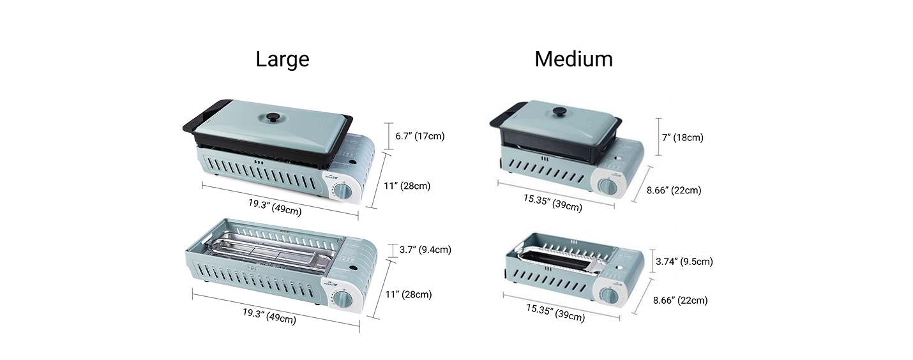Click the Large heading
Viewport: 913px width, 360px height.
(282, 59)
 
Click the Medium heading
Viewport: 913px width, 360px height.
(573, 59)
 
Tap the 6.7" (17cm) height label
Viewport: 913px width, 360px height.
(420, 136)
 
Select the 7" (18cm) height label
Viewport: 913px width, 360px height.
(683, 137)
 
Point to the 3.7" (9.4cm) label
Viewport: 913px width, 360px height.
(425, 250)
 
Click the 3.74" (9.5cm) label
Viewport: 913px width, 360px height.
(684, 261)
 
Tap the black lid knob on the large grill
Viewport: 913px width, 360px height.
(271, 118)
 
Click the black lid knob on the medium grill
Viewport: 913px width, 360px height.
(560, 112)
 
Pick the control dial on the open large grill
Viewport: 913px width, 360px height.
(345, 299)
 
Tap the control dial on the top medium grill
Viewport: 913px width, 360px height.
(608, 187)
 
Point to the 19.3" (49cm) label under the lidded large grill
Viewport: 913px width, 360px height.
(275, 207)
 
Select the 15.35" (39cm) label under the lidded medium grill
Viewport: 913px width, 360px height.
(553, 203)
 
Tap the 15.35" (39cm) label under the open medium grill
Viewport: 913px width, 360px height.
(555, 313)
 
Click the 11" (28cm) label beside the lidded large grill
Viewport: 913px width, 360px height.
(407, 186)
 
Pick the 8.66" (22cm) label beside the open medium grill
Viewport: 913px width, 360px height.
(680, 301)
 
